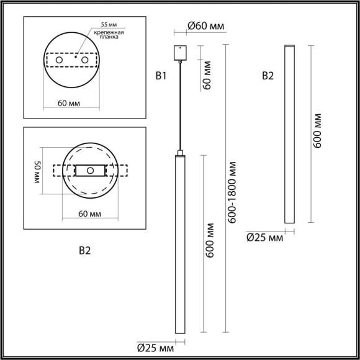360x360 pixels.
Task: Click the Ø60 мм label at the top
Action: click(x=205, y=26)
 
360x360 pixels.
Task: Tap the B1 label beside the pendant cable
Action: click(x=161, y=76)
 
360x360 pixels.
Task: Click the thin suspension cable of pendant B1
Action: click(x=179, y=106)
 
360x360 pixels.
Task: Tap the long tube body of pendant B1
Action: click(x=179, y=248)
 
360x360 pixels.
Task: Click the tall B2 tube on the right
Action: click(x=288, y=133)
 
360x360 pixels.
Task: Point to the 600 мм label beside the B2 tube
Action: click(x=318, y=130)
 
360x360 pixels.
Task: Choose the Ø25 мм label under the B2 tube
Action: click(x=264, y=236)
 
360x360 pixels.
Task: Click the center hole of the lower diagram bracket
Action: click(x=90, y=170)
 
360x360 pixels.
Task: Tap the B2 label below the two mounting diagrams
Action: click(x=85, y=251)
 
